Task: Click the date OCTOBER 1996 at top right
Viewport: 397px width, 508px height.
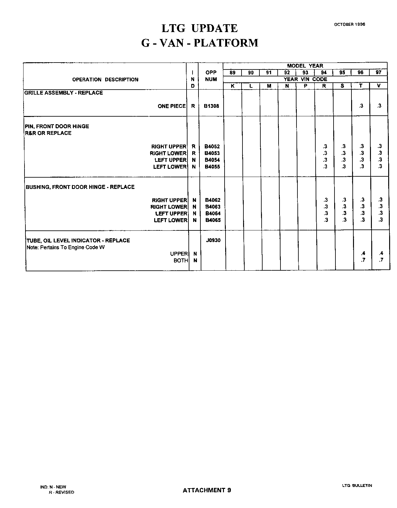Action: click(x=349, y=24)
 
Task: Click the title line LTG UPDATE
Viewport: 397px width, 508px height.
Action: click(x=199, y=28)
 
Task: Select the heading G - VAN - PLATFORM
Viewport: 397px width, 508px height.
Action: click(x=199, y=43)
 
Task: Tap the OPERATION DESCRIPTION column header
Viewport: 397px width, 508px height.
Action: click(x=105, y=80)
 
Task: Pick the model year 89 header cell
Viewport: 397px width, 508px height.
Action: click(x=232, y=73)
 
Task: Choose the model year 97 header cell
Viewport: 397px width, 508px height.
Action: click(x=378, y=73)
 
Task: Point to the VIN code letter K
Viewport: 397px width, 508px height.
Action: click(x=232, y=86)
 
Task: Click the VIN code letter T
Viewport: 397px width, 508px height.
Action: click(x=361, y=86)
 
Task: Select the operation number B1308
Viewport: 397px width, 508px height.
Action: click(x=211, y=106)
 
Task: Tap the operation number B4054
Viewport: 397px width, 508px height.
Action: click(x=212, y=160)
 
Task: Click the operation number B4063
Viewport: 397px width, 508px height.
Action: click(x=213, y=207)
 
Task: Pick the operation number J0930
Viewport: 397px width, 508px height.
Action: click(x=213, y=240)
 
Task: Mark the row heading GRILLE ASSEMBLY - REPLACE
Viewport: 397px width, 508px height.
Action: click(x=64, y=93)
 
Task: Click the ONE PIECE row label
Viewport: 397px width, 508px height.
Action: click(x=172, y=106)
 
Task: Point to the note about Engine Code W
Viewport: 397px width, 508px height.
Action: click(x=66, y=247)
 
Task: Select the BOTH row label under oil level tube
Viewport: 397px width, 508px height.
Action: click(x=181, y=261)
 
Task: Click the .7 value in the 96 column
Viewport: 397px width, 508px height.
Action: click(x=363, y=260)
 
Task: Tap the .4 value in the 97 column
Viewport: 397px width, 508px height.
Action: click(x=381, y=253)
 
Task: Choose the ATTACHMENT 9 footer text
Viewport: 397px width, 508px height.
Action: click(x=207, y=490)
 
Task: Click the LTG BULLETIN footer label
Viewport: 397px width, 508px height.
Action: click(x=357, y=485)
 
